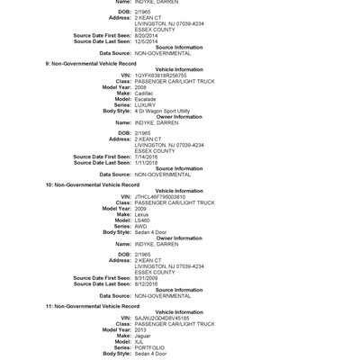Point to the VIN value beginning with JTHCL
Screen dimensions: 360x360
162,197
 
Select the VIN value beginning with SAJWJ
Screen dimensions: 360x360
163,319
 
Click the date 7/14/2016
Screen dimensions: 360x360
148,156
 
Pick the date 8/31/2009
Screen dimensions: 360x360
148,278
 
